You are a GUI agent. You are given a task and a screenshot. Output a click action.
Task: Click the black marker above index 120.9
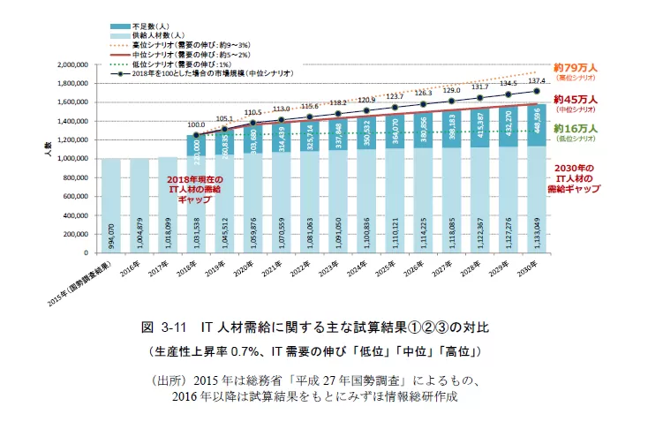(367, 111)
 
